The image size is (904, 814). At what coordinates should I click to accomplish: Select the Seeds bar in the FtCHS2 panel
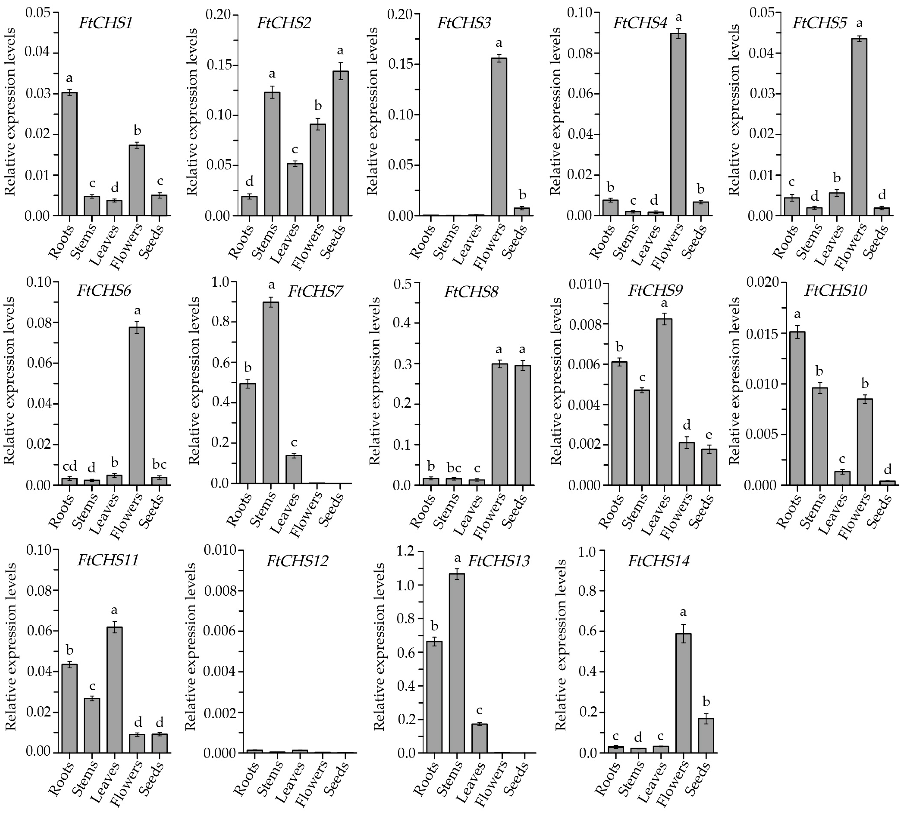(341, 143)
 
